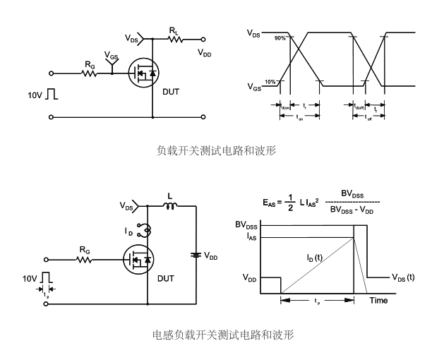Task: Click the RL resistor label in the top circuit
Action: click(173, 30)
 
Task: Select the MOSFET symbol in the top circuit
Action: click(144, 73)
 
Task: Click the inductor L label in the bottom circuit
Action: click(169, 195)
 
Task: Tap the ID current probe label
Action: click(128, 231)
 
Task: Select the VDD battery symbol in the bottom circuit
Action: click(196, 255)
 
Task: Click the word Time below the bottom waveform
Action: click(379, 301)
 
